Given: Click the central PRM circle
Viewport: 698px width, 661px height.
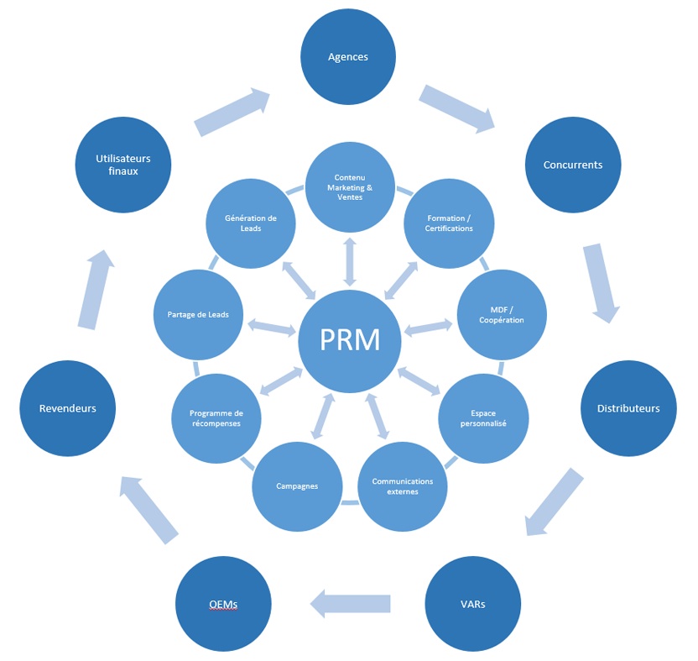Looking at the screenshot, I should point(350,339).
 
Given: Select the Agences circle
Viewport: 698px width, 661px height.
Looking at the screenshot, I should point(348,57).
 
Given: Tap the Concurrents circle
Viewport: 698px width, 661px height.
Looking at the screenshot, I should point(573,165).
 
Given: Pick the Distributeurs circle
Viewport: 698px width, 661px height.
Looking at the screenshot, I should point(628,408).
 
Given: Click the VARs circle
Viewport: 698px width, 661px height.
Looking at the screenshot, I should point(473,604).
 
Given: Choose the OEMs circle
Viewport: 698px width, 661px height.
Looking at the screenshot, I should point(223,604).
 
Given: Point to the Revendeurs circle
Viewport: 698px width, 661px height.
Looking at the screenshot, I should point(68,408).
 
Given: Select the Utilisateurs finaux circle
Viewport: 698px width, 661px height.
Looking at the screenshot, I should point(123,165).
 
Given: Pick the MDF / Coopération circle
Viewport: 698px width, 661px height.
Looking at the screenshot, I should point(502,315).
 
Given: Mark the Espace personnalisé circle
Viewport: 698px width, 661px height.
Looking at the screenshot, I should point(483,417).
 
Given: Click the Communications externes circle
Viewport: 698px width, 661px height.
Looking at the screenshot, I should point(403,486).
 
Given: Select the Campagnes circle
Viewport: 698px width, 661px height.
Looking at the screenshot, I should point(297,486).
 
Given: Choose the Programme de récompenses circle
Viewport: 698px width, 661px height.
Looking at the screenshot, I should point(216,417).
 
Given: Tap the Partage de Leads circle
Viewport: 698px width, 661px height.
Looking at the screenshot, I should point(198,315).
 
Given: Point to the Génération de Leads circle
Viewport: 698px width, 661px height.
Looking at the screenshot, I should point(251,223).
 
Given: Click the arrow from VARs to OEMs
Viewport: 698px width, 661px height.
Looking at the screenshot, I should point(351,602).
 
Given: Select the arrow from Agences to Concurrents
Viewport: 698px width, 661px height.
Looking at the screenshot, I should point(456,108).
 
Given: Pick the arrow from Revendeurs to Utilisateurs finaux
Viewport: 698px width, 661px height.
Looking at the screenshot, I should point(96,289).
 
